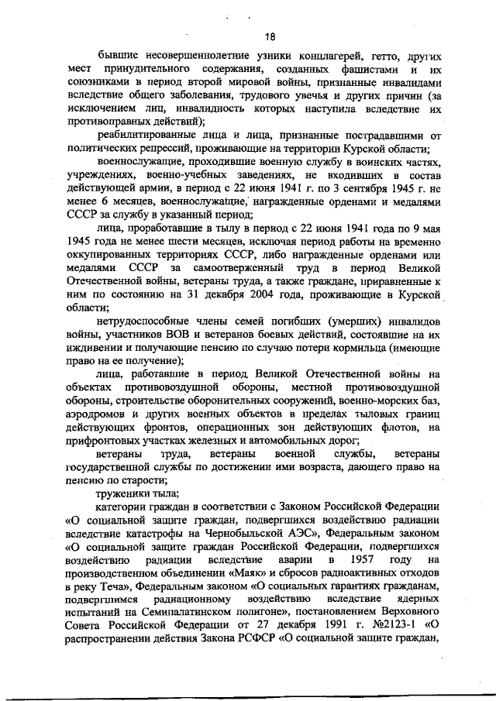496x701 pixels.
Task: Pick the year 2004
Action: coord(247,297)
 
